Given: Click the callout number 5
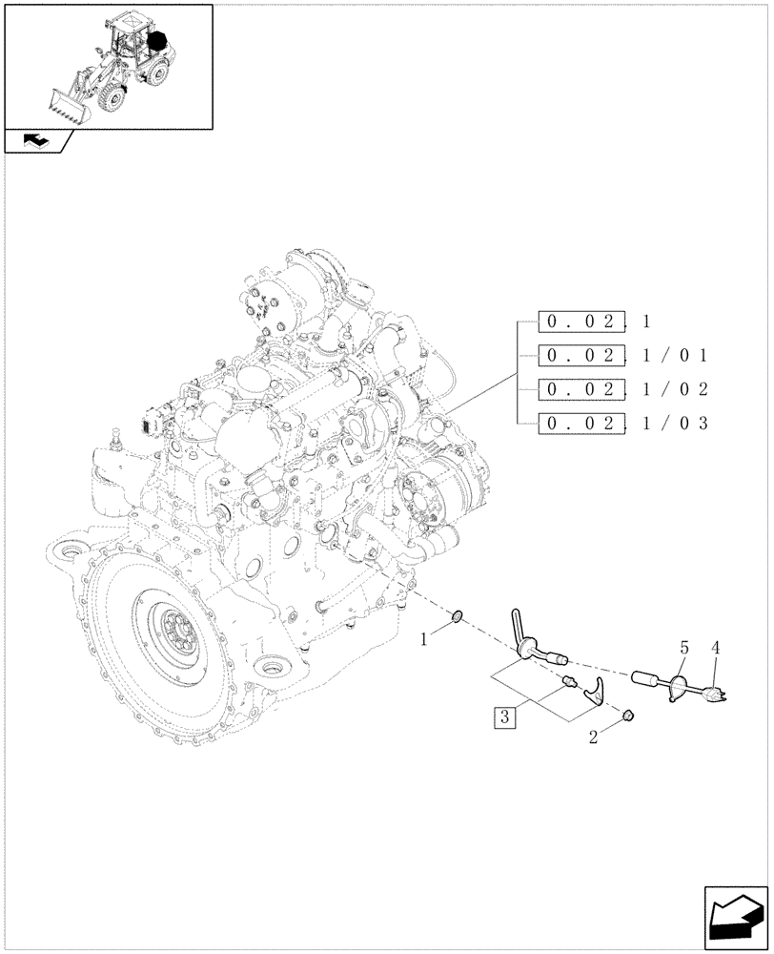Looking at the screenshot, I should [682, 649].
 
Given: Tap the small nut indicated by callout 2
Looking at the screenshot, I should [628, 715].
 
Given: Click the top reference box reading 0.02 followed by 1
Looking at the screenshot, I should [581, 321].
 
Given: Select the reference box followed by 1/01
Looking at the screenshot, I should [581, 356].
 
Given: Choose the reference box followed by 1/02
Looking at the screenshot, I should [581, 389].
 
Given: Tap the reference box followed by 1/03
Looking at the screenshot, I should [581, 423].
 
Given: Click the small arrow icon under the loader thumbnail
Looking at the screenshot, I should [36, 141].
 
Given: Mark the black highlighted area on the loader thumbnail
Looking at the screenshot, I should [157, 43].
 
